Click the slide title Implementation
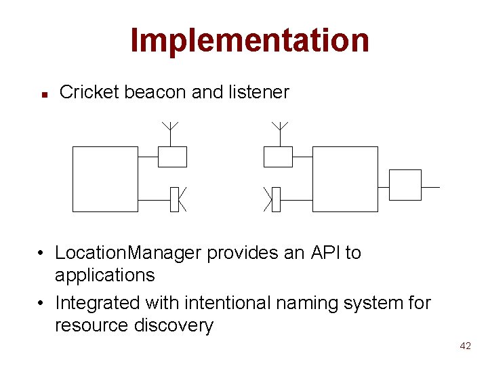tap(249, 40)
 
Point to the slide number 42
tap(465, 346)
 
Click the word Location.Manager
tap(128, 253)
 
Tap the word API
tap(326, 253)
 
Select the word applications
tap(104, 275)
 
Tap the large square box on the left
tap(105, 179)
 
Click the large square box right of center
tap(345, 179)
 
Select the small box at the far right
tap(405, 185)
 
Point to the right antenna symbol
tap(279, 127)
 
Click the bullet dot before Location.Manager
tap(41, 253)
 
